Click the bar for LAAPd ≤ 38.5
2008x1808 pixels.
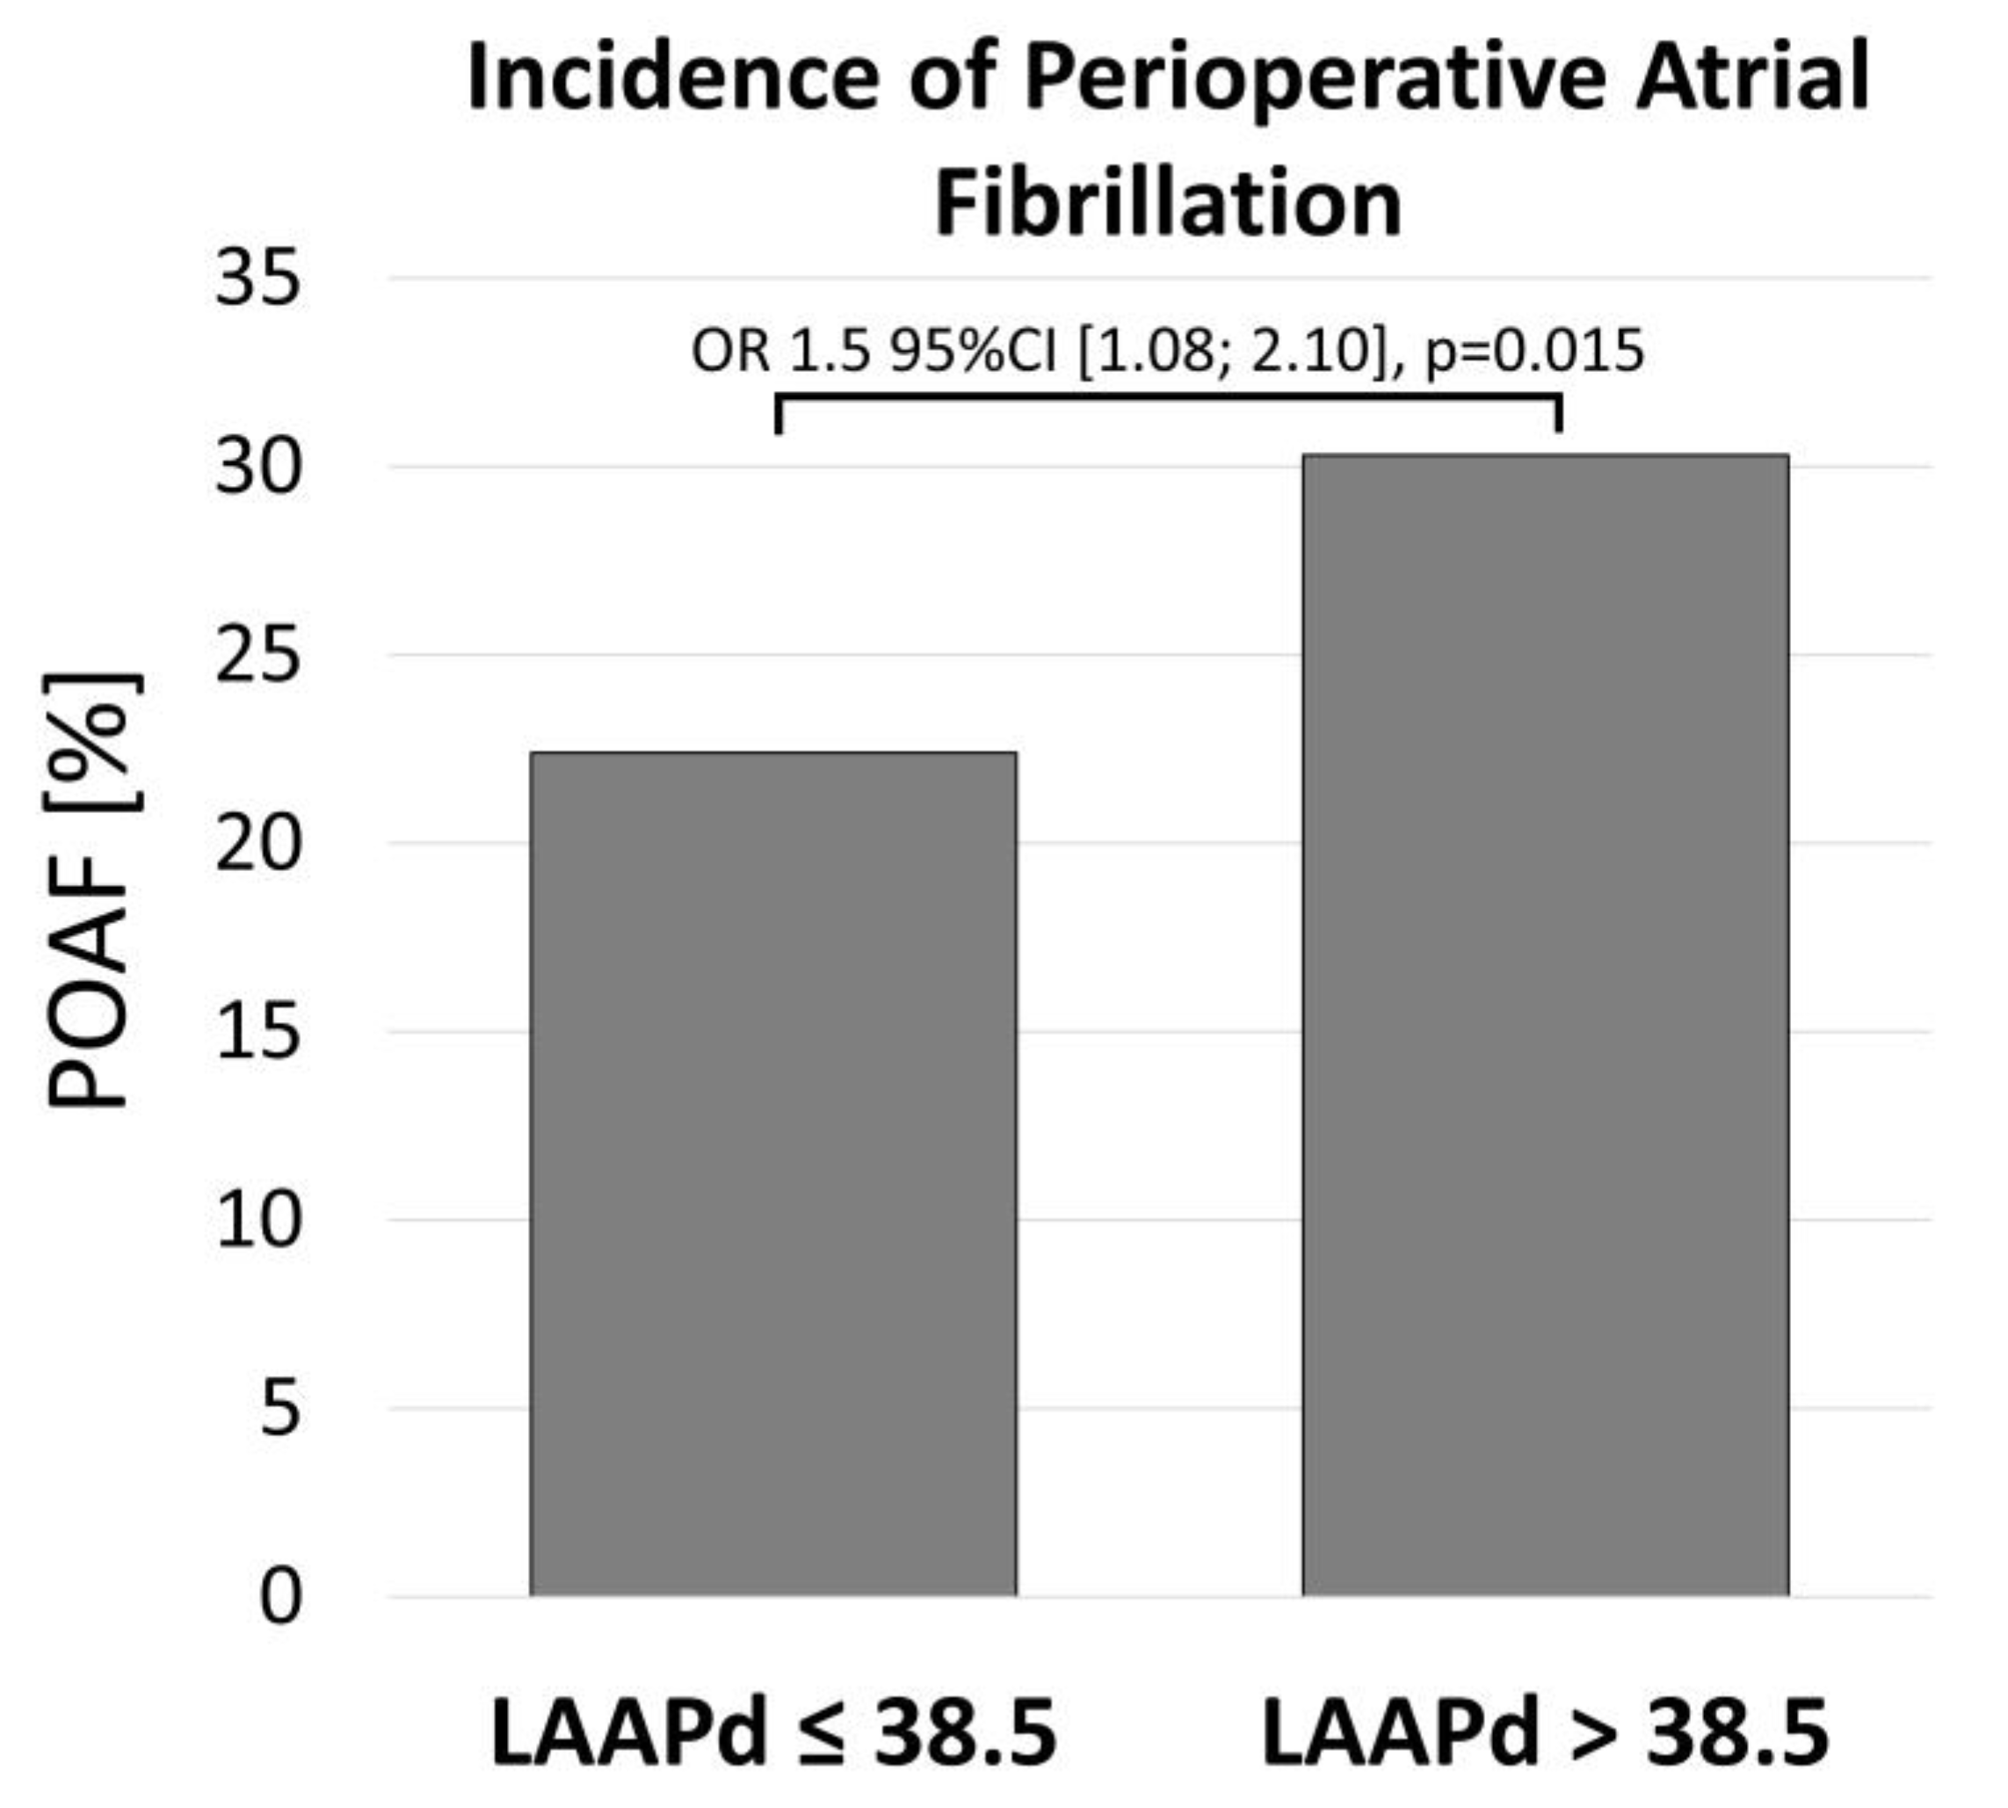pyautogui.click(x=772, y=1173)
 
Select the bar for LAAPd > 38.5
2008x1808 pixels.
pyautogui.click(x=1545, y=1023)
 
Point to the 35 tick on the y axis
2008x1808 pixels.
pyautogui.click(x=257, y=278)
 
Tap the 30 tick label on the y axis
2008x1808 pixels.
pyautogui.click(x=257, y=467)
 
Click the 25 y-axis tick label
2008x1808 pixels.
pyautogui.click(x=257, y=656)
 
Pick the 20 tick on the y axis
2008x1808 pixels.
pyautogui.click(x=257, y=844)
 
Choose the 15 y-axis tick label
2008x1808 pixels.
pyautogui.click(x=257, y=1032)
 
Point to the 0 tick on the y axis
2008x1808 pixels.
pyautogui.click(x=279, y=1596)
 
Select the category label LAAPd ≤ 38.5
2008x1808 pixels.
pyautogui.click(x=772, y=1734)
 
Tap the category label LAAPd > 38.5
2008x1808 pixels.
pyautogui.click(x=1545, y=1734)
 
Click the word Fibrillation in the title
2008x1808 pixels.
pyautogui.click(x=1168, y=204)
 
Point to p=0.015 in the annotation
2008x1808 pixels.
pyautogui.click(x=1534, y=352)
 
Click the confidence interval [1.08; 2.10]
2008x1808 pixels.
pyautogui.click(x=1231, y=352)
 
